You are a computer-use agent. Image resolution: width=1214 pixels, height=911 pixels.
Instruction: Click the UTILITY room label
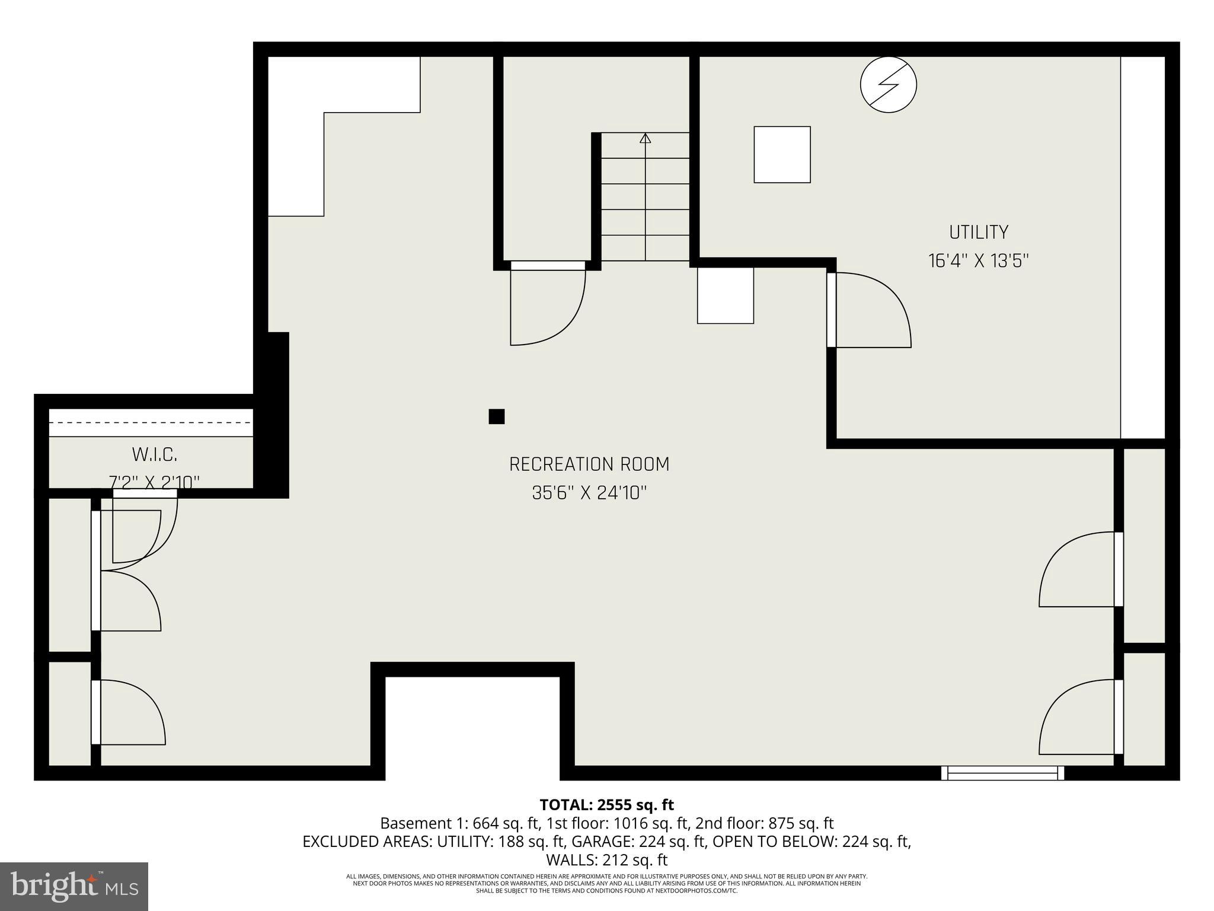pyautogui.click(x=978, y=232)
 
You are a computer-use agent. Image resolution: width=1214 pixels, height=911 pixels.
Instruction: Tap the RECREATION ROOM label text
pyautogui.click(x=589, y=464)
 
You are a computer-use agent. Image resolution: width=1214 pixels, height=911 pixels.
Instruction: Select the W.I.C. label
pyautogui.click(x=154, y=455)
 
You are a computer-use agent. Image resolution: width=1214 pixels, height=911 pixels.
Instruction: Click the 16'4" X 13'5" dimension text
pyautogui.click(x=978, y=261)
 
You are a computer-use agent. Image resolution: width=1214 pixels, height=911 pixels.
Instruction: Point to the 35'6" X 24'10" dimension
pyautogui.click(x=589, y=493)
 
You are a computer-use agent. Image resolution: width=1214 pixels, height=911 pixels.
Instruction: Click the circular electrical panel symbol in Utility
pyautogui.click(x=888, y=85)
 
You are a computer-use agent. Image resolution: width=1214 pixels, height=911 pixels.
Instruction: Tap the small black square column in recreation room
pyautogui.click(x=496, y=416)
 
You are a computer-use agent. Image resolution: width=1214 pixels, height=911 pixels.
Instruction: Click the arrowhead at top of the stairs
pyautogui.click(x=646, y=138)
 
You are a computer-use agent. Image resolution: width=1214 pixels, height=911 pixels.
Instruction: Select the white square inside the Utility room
pyautogui.click(x=782, y=154)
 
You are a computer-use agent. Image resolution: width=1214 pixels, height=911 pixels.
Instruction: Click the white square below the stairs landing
pyautogui.click(x=725, y=295)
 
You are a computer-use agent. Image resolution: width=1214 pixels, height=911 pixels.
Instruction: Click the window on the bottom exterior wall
pyautogui.click(x=1002, y=773)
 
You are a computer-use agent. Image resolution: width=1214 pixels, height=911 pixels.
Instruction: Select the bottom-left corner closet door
pyautogui.click(x=127, y=712)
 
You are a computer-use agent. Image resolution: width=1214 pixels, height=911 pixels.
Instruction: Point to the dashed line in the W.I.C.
pyautogui.click(x=151, y=423)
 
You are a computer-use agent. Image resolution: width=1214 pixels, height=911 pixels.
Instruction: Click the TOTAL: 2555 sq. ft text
pyautogui.click(x=606, y=805)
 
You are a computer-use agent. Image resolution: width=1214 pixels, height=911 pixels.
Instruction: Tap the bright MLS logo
pyautogui.click(x=74, y=887)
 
